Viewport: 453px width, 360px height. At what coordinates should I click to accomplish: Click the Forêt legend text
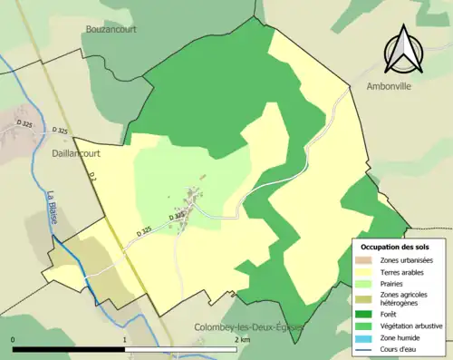[394, 314]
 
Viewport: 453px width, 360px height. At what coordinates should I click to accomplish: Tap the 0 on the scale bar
[14, 340]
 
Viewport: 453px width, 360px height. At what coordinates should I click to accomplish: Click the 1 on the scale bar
[124, 340]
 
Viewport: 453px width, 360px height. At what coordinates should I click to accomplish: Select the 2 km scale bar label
[241, 340]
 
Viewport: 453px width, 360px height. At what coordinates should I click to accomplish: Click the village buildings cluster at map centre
[190, 198]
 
